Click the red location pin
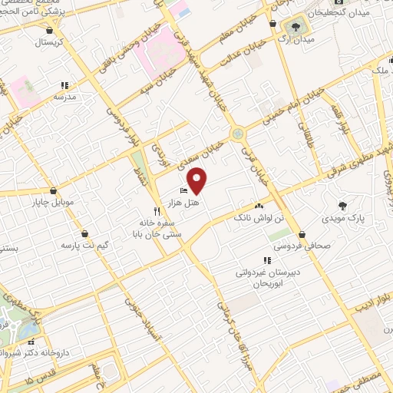coord(197,180)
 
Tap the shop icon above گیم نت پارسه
coord(84,233)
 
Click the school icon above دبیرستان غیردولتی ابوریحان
coord(267,260)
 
